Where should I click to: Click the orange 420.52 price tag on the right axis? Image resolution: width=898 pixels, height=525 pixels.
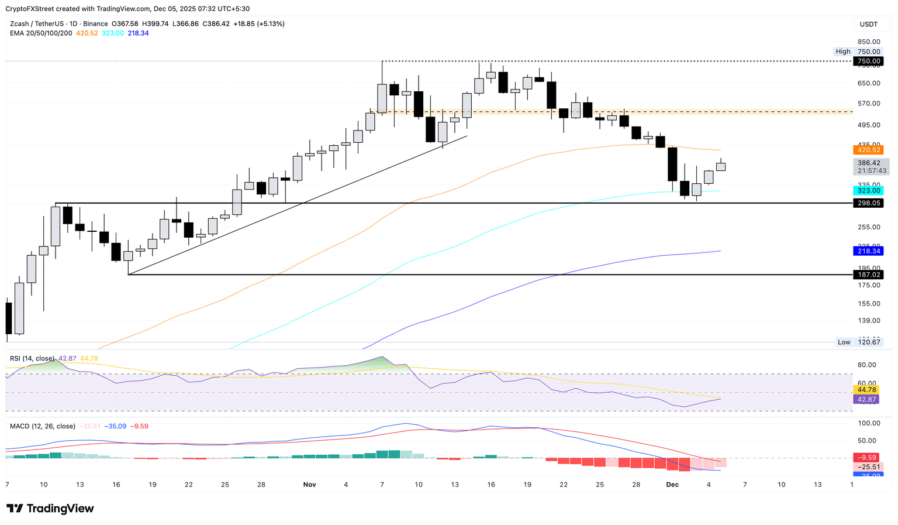pos(868,150)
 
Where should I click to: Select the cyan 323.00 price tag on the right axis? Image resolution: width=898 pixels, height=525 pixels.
pos(868,191)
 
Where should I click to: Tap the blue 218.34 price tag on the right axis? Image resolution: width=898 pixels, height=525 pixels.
pos(868,251)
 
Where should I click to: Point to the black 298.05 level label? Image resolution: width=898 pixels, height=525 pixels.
pos(868,203)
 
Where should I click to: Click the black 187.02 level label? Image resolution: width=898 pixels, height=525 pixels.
pos(868,274)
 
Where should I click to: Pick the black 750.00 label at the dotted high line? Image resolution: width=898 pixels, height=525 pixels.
pos(868,61)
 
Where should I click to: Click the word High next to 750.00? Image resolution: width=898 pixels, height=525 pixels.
pos(842,52)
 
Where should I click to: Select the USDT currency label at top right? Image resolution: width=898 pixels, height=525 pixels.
pos(868,24)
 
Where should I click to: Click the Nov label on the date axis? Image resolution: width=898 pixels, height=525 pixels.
pos(310,485)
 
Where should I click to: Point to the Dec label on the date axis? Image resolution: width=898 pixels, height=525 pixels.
pos(672,485)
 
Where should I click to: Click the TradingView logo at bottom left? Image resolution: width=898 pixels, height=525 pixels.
pos(50,509)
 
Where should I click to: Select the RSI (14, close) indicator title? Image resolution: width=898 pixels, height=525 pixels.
pos(32,358)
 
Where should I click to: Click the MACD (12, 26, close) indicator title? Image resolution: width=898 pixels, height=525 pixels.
pos(43,426)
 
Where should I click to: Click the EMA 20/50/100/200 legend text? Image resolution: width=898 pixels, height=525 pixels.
pos(41,33)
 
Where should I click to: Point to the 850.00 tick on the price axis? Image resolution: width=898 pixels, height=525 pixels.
pos(869,42)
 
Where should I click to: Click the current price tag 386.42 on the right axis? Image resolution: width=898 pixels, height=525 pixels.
pos(868,163)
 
